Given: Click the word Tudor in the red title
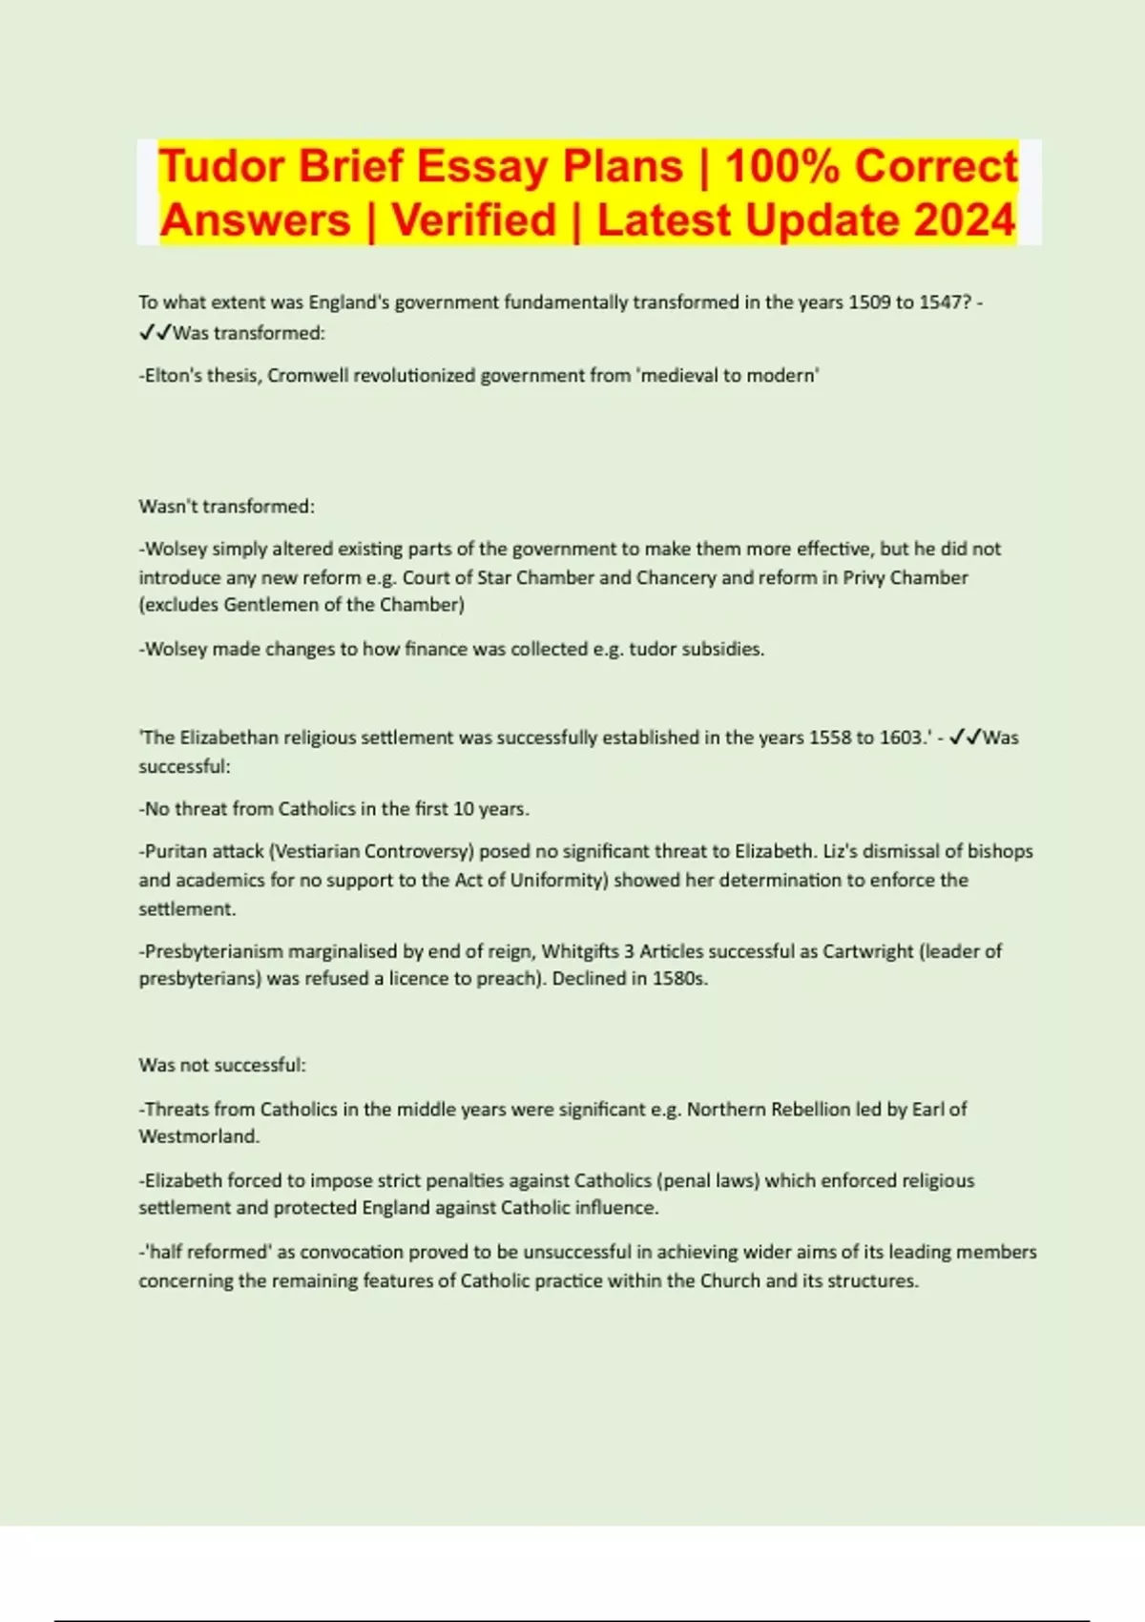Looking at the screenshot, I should pyautogui.click(x=220, y=166).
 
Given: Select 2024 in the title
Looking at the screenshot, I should pyautogui.click(x=965, y=219).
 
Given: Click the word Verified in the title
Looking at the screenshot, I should pyautogui.click(x=473, y=219).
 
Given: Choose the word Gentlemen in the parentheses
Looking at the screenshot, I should pyautogui.click(x=264, y=605).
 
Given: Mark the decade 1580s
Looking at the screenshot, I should pyautogui.click(x=679, y=979).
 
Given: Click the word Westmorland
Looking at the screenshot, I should pyautogui.click(x=198, y=1136).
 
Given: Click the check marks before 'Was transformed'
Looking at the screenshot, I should pyautogui.click(x=155, y=333).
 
